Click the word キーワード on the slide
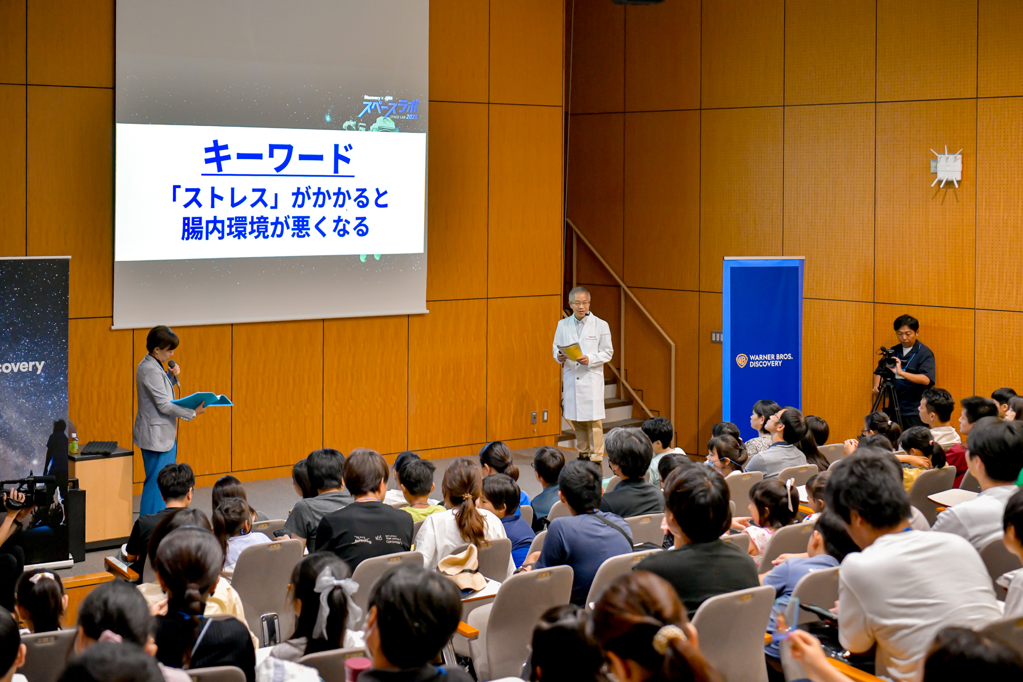(x=278, y=157)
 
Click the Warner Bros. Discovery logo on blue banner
(x=764, y=360)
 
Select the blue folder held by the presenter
(x=203, y=400)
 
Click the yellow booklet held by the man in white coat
(x=571, y=351)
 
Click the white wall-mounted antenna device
(x=946, y=167)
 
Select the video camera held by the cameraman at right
(x=887, y=359)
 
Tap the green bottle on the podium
(x=73, y=443)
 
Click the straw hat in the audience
(x=461, y=568)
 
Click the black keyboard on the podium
(x=99, y=448)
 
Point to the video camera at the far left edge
(x=26, y=492)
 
